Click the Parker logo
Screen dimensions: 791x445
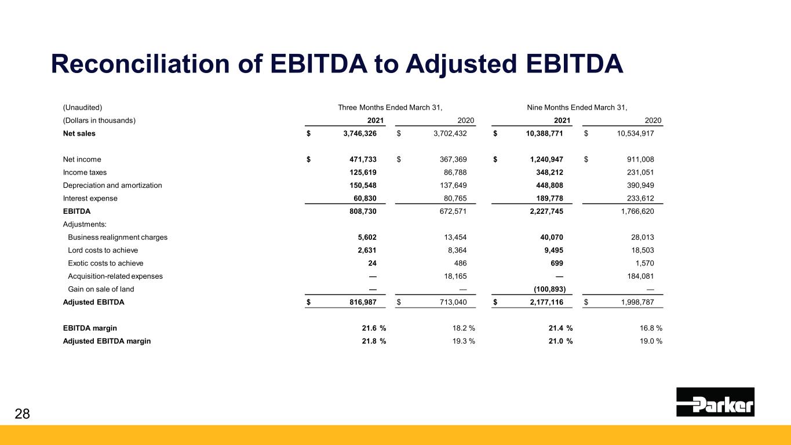click(715, 402)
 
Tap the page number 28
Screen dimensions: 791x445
click(22, 414)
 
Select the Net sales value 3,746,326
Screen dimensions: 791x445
click(360, 133)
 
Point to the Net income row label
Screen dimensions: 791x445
click(82, 159)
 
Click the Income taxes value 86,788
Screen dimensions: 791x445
click(455, 172)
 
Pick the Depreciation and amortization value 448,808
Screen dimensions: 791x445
click(549, 185)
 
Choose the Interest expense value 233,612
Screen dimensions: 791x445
click(640, 199)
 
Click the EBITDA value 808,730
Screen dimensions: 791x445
click(363, 211)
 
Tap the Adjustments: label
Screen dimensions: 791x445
click(85, 224)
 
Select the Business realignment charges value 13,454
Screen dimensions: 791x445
click(455, 238)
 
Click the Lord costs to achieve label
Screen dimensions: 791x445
click(103, 250)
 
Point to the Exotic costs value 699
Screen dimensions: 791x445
click(556, 263)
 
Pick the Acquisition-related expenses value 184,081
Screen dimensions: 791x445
click(640, 276)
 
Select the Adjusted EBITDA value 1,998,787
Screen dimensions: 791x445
click(637, 302)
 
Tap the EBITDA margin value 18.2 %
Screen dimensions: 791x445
click(464, 328)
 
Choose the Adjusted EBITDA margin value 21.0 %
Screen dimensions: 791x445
click(561, 341)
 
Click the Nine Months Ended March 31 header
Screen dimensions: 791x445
click(577, 107)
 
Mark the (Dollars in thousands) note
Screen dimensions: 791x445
click(99, 121)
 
